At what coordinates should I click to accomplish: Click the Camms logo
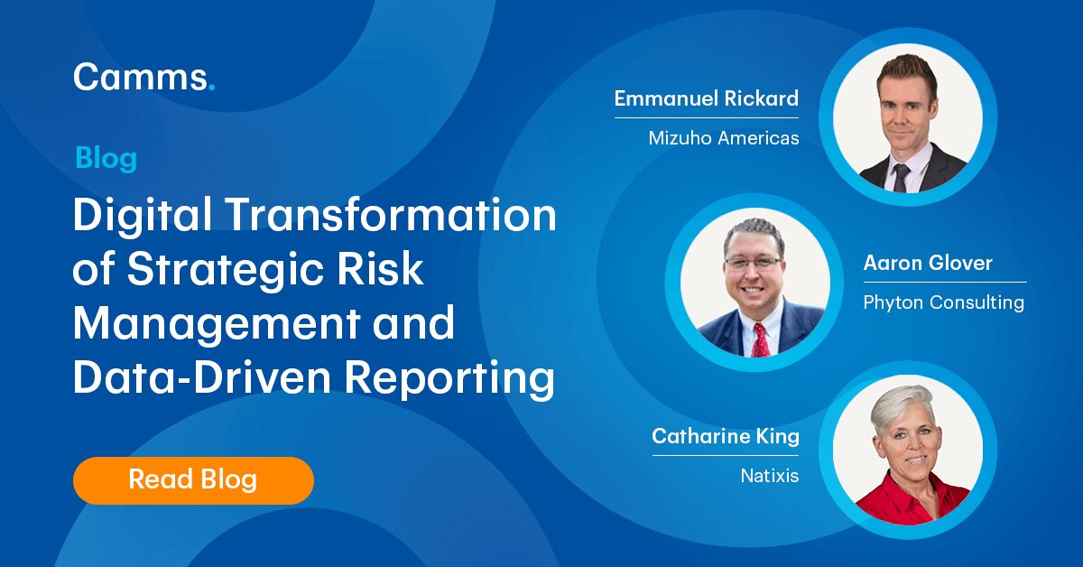(143, 78)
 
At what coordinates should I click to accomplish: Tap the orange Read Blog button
(193, 479)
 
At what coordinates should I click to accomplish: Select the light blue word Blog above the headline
(106, 159)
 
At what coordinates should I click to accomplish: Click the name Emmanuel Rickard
(707, 98)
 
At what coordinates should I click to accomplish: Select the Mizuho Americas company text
(724, 139)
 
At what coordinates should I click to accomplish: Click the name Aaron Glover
(928, 264)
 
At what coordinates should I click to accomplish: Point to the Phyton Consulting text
(943, 302)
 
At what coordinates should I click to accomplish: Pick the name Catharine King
(726, 437)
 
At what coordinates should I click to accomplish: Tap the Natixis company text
(764, 475)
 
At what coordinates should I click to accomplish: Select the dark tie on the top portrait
(901, 176)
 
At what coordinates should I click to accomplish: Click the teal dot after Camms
(212, 88)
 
